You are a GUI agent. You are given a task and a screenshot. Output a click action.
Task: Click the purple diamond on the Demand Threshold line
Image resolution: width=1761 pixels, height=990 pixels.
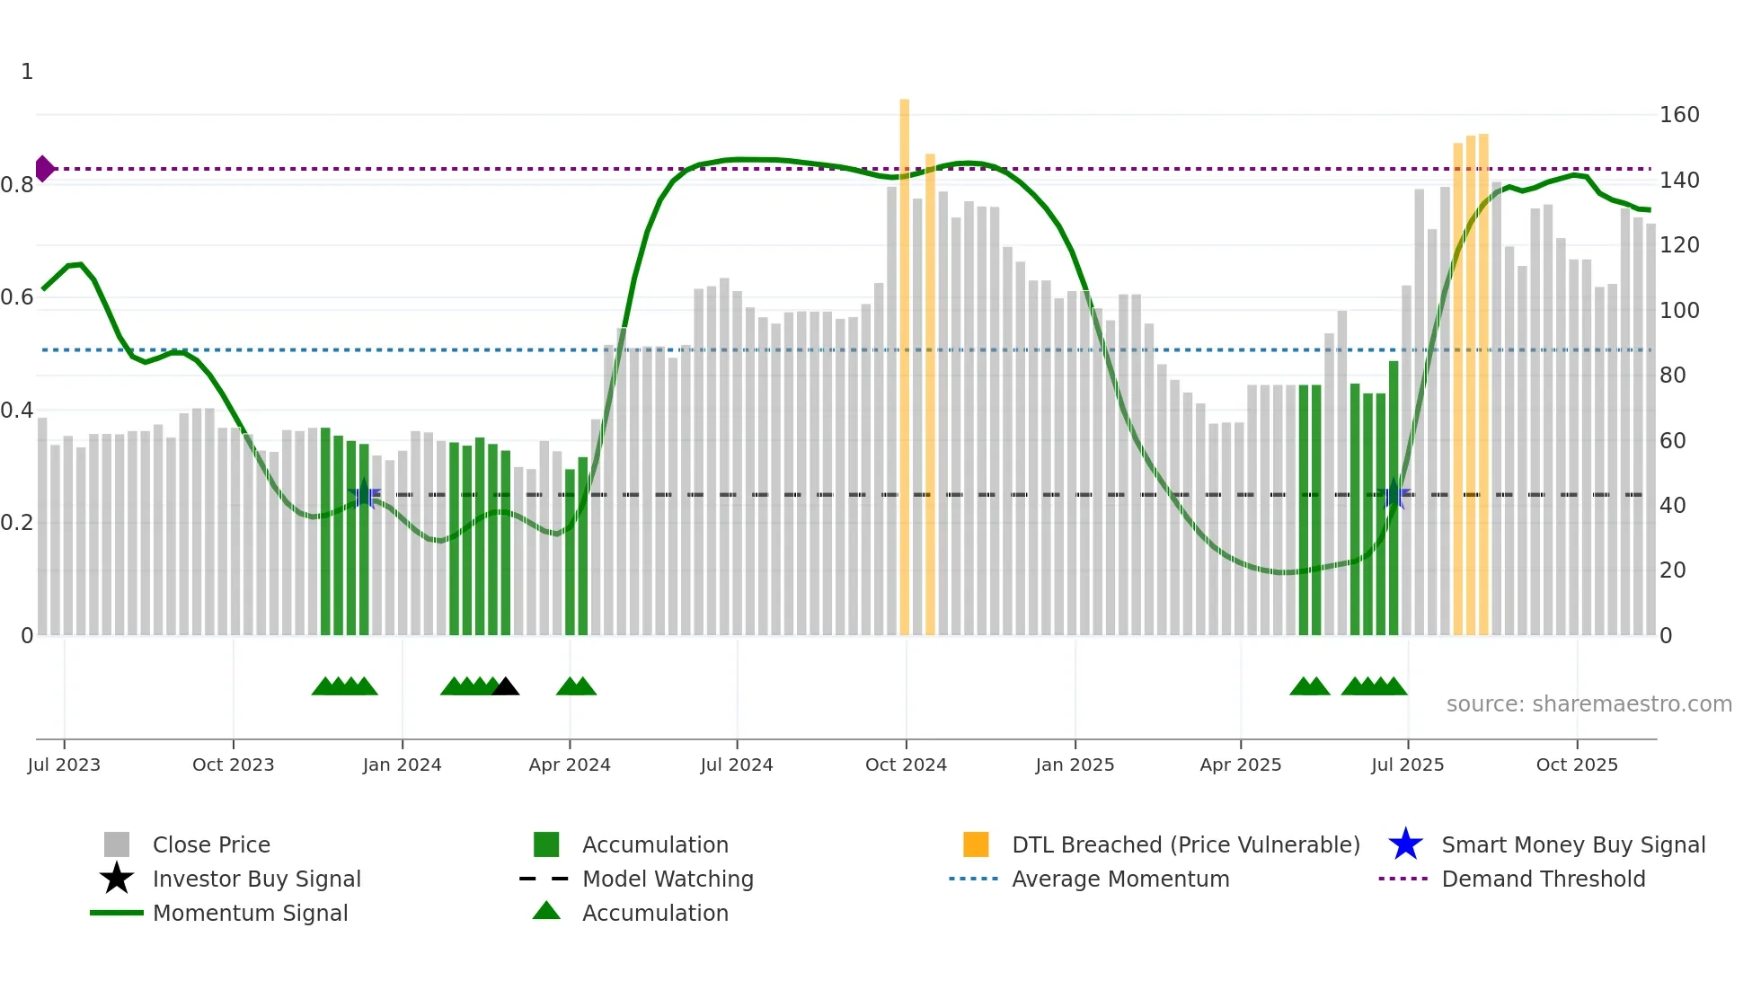44,169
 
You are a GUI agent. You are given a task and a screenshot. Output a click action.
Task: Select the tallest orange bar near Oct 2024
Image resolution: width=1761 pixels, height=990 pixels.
904,359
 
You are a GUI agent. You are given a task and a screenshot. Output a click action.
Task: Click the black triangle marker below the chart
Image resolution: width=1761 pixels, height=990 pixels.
506,686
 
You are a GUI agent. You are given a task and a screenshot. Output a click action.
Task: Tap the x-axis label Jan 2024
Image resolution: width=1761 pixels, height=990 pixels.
402,765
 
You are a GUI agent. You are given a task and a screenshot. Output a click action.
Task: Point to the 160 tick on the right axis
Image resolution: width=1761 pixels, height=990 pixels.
1678,115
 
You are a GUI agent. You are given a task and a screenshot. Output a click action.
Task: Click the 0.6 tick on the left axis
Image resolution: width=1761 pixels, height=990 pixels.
17,297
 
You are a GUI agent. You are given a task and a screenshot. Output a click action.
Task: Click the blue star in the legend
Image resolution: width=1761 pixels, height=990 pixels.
1405,844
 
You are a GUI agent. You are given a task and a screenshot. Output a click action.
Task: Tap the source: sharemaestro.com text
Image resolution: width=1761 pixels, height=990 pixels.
1588,704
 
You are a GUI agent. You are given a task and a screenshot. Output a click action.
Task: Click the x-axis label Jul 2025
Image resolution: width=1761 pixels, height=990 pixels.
1407,765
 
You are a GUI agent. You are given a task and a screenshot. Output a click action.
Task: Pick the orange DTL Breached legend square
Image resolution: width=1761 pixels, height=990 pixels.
976,844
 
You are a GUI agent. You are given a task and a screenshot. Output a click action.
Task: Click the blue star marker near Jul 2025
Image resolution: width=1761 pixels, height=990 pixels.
1394,494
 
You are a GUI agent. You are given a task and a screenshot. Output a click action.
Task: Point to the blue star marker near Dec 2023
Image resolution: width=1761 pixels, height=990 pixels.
364,494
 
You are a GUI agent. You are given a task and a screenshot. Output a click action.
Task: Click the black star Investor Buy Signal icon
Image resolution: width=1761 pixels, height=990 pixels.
117,879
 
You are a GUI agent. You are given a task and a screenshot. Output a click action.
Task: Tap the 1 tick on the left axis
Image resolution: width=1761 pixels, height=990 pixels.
27,72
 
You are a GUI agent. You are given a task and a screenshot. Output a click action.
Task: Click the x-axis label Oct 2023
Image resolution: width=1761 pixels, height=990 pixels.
233,765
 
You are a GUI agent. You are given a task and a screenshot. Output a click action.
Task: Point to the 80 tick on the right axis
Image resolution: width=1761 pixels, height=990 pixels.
1672,376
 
